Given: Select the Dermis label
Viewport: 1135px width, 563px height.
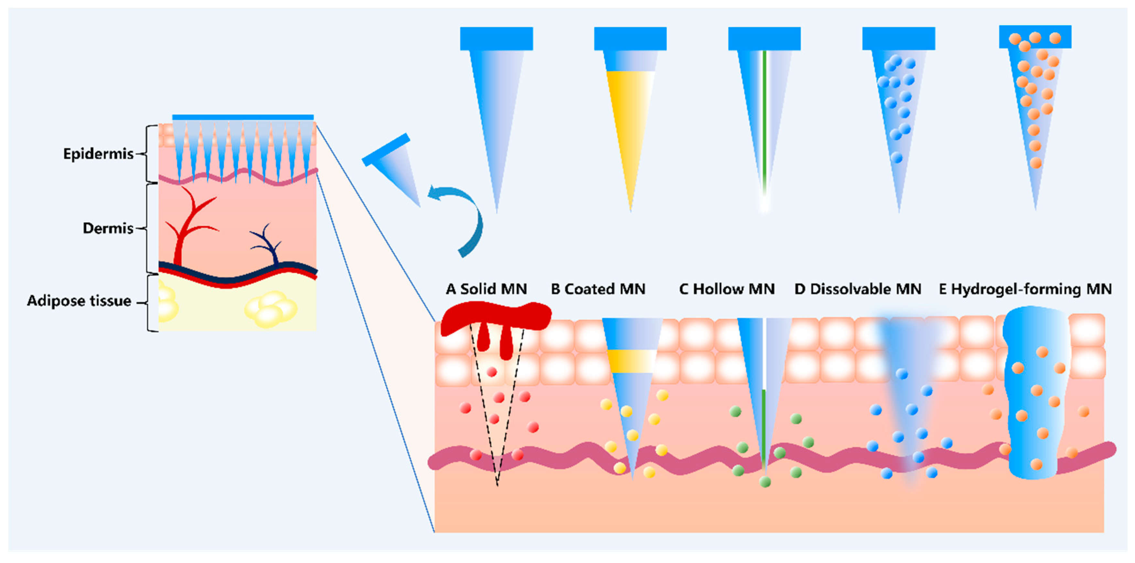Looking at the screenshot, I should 108,228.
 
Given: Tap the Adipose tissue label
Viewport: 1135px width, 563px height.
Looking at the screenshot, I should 79,301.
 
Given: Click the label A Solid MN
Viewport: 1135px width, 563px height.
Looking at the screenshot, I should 486,289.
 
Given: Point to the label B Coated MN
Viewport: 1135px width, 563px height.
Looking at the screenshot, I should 598,289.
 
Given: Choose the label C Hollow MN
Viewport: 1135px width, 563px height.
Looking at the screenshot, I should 727,289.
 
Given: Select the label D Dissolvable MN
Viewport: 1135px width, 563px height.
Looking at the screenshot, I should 858,289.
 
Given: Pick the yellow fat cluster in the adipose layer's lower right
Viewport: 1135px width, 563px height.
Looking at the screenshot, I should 270,309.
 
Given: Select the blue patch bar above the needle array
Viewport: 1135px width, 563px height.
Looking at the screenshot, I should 243,117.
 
